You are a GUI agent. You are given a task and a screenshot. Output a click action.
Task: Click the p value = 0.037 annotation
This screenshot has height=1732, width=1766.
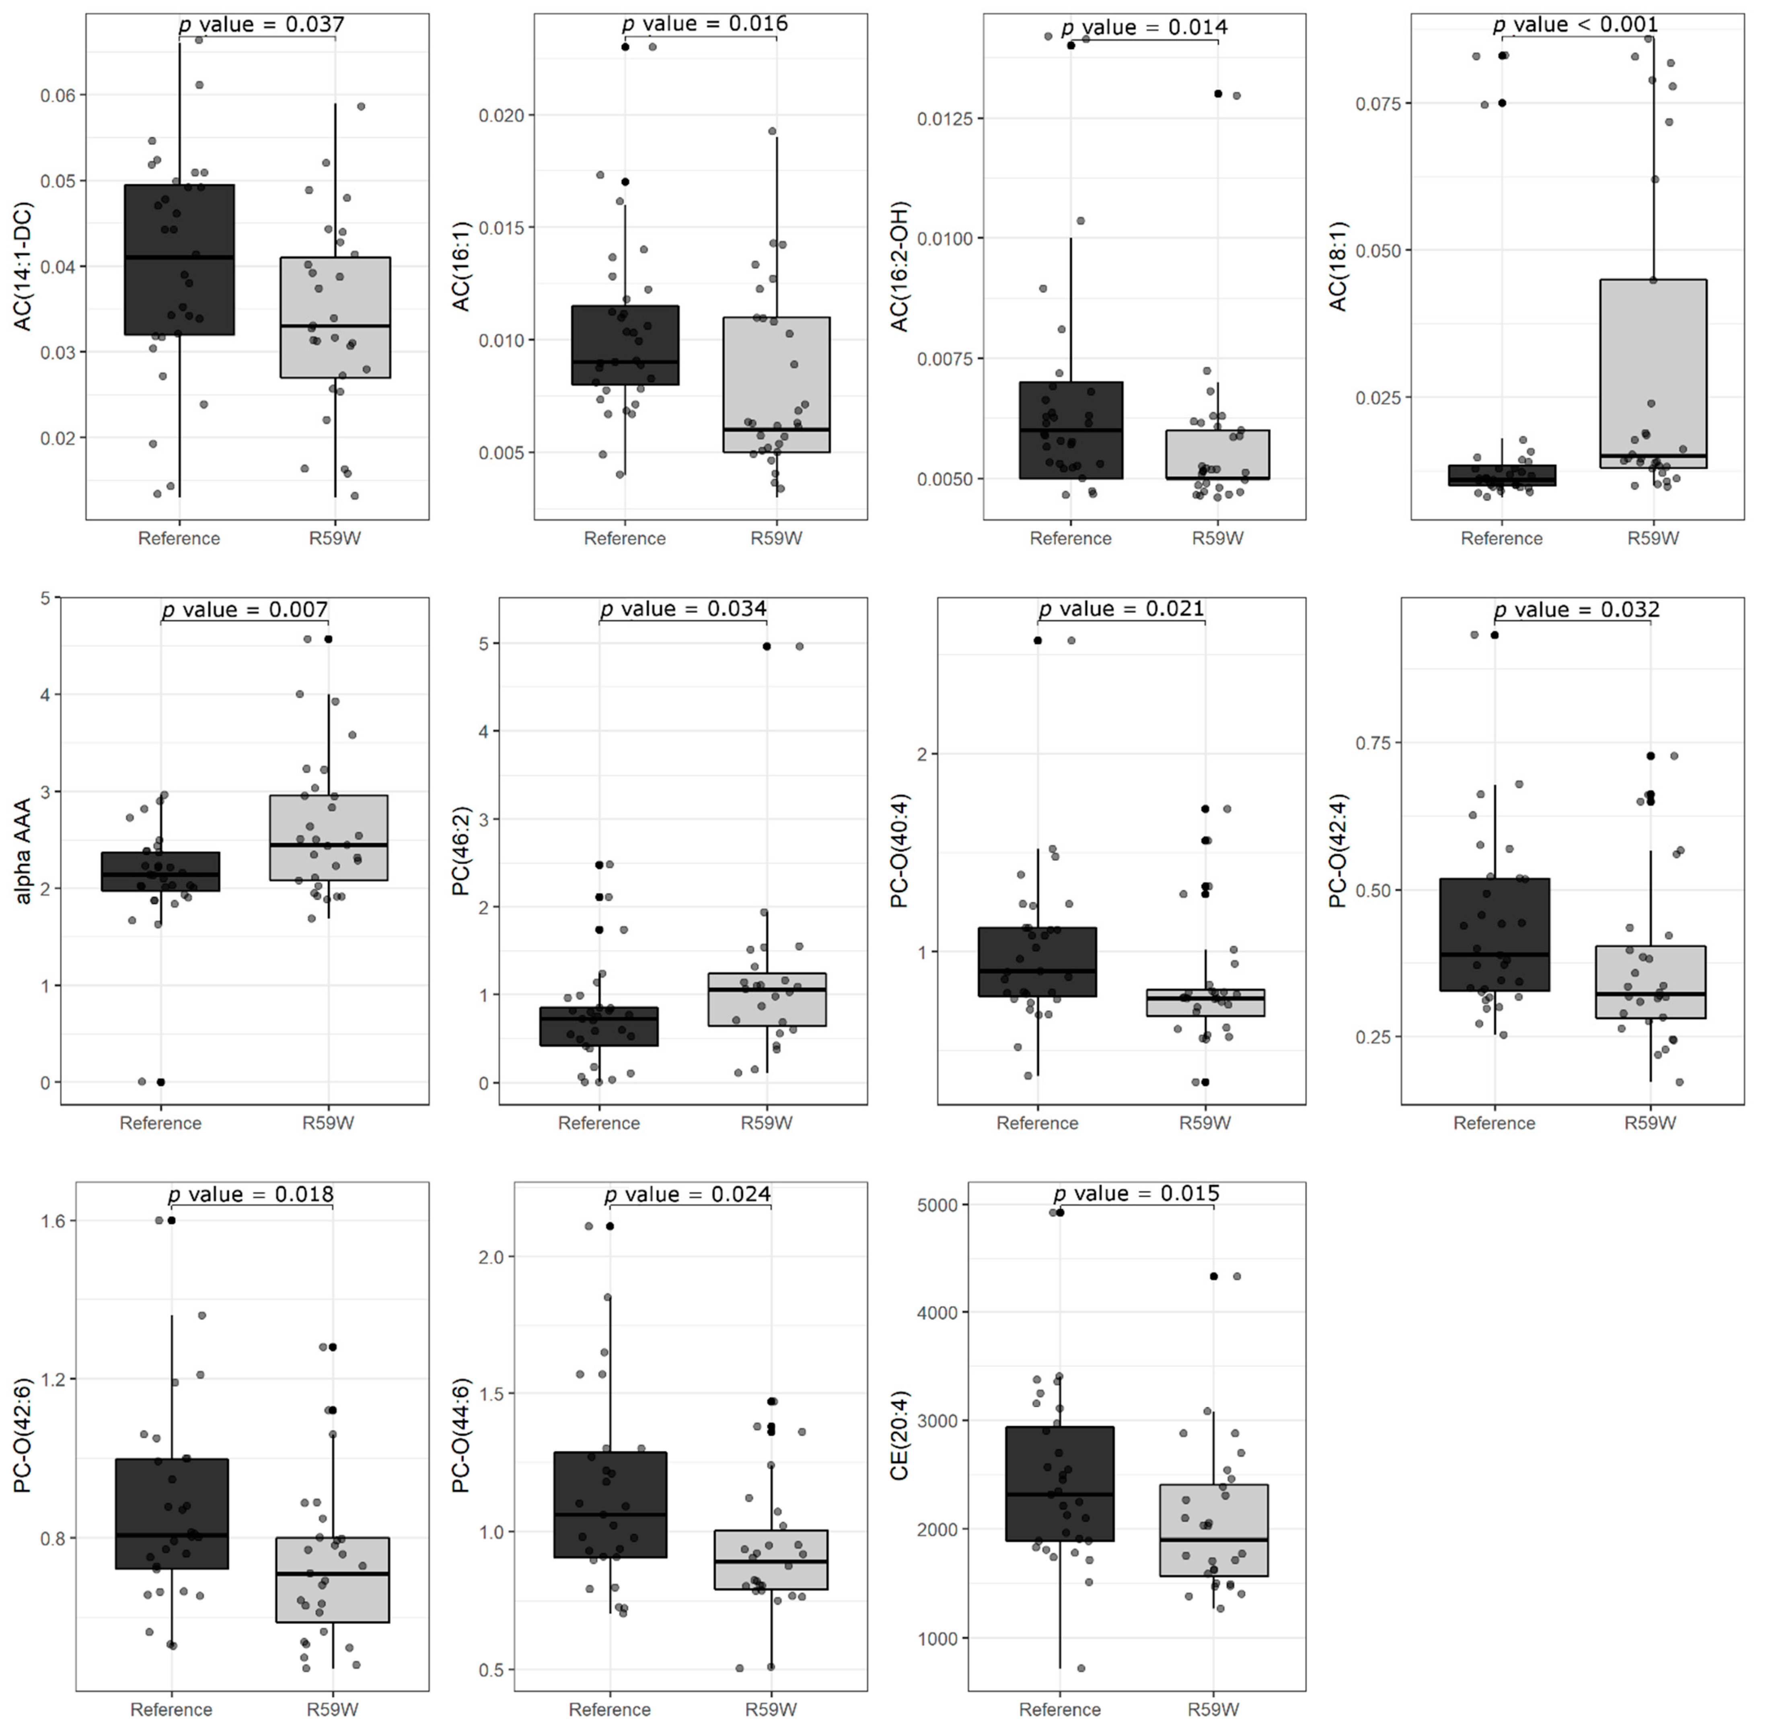[262, 25]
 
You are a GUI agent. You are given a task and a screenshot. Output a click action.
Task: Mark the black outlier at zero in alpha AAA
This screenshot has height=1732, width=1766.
[161, 1082]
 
